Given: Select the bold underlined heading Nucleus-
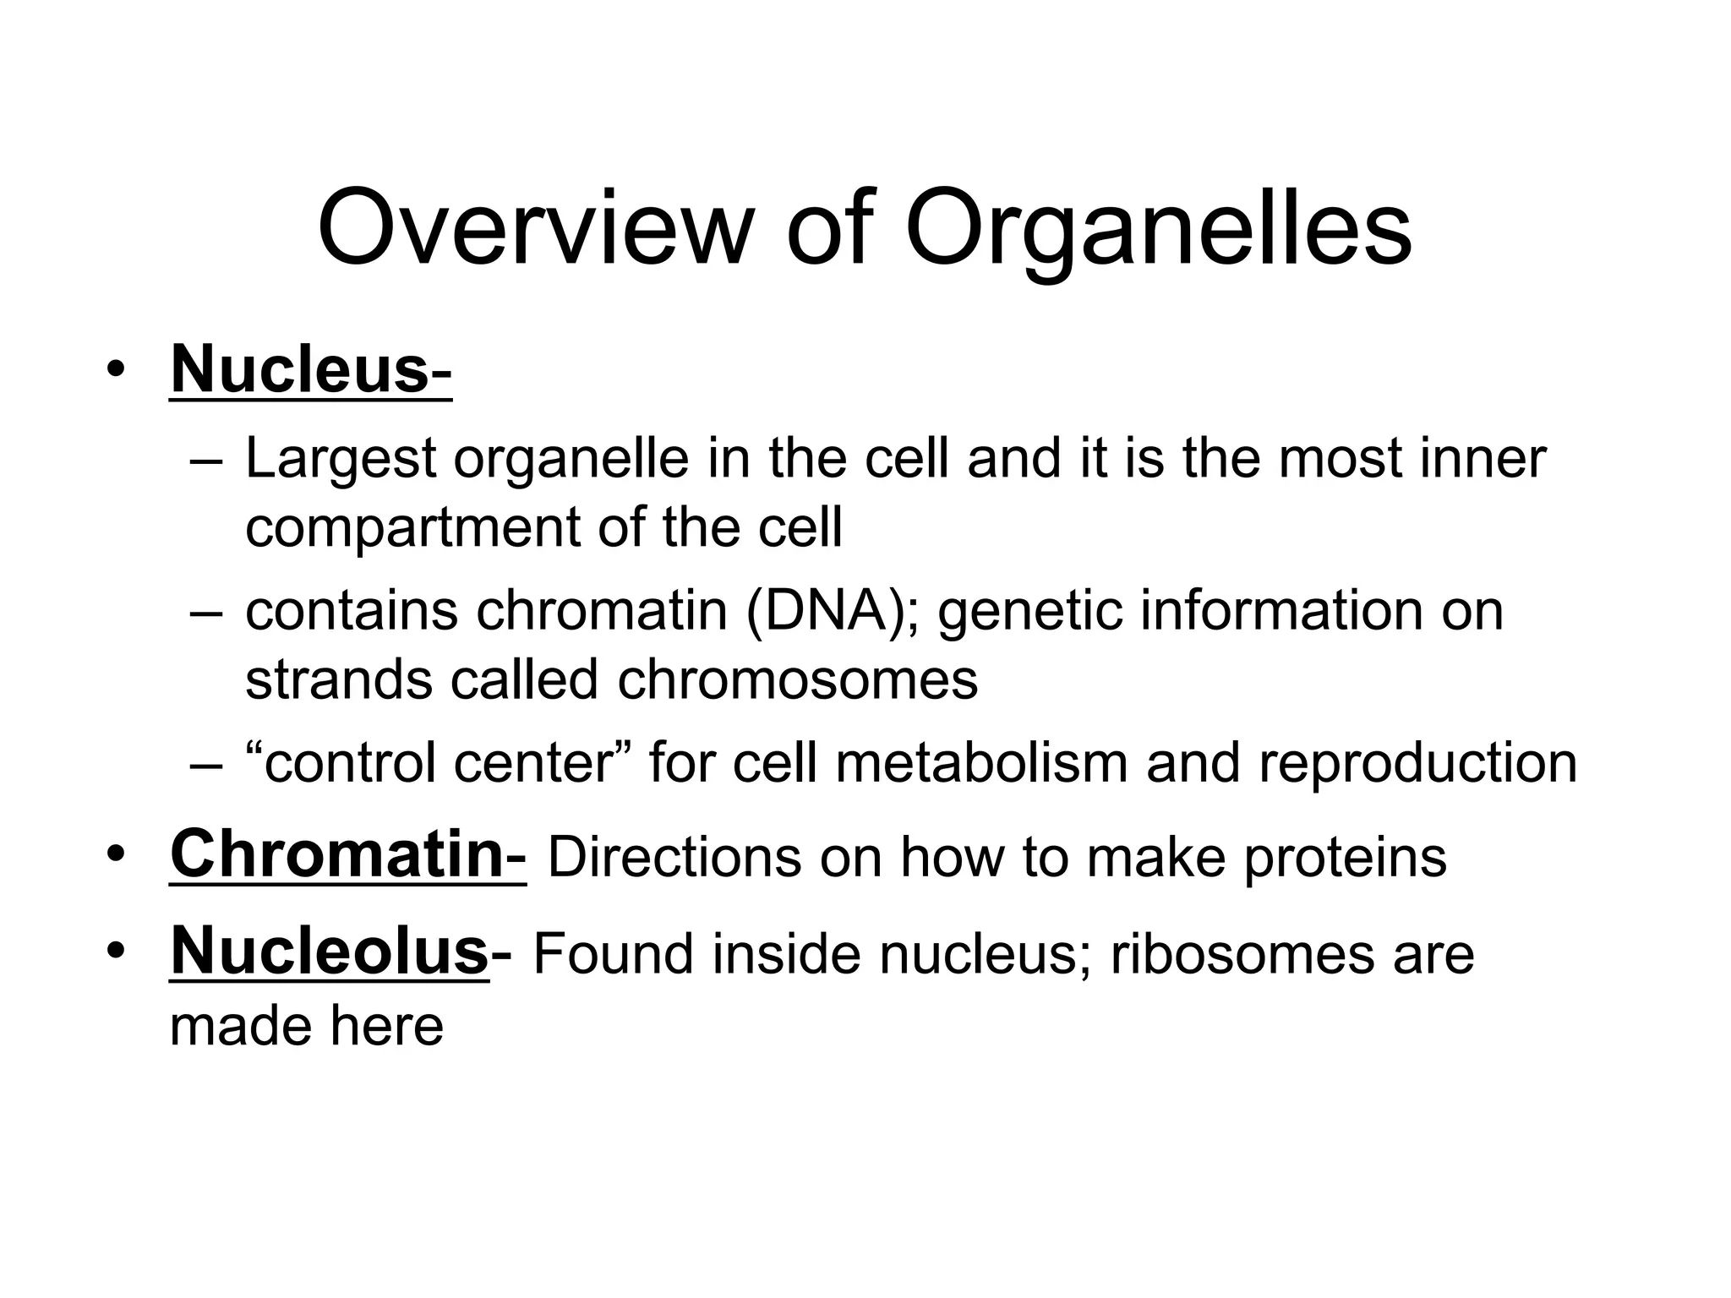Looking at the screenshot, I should point(310,369).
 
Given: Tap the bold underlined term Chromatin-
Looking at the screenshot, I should point(347,854).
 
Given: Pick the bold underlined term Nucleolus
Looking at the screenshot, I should point(330,951).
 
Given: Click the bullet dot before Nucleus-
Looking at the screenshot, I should point(116,371).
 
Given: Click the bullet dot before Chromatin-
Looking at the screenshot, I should point(116,856).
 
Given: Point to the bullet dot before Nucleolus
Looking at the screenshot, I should point(116,952).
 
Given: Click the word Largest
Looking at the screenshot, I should point(340,459).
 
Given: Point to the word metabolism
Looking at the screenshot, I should point(981,762).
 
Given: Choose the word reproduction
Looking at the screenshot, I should point(1417,762).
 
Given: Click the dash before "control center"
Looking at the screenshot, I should point(205,764).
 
